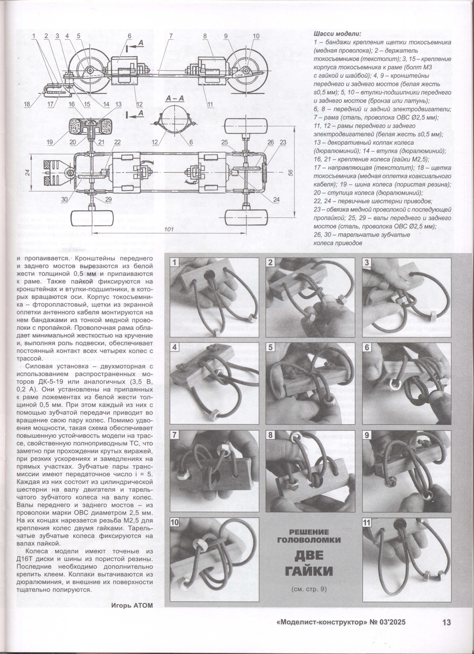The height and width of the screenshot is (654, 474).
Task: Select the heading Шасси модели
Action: click(x=337, y=34)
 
